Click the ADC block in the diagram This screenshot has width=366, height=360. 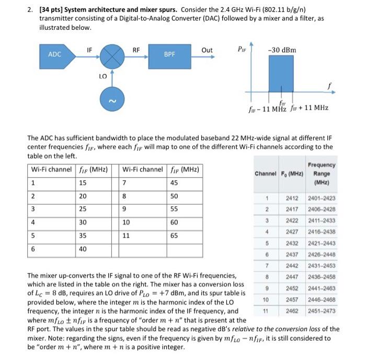[x=54, y=54]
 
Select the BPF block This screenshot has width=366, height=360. [x=169, y=54]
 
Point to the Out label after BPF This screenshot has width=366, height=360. [x=207, y=50]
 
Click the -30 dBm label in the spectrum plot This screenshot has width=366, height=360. [x=281, y=50]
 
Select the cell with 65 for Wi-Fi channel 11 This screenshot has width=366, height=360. [x=174, y=235]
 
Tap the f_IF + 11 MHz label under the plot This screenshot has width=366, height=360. [x=311, y=108]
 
